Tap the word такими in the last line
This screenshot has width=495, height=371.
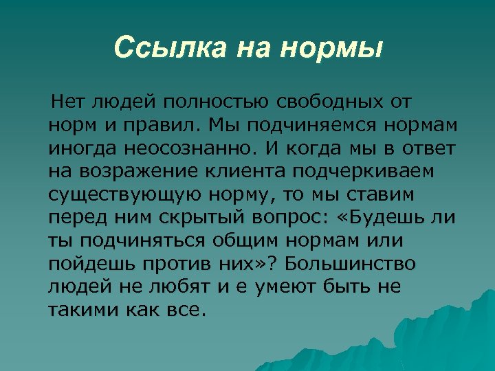[x=83, y=308]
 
